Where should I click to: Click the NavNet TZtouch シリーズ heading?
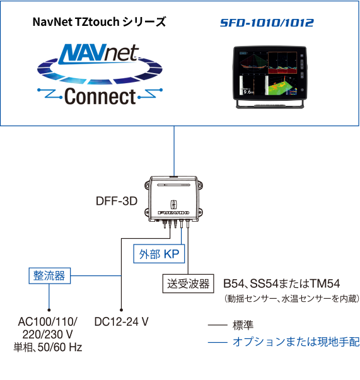tap(100, 22)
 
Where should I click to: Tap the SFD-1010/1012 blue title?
tap(267, 23)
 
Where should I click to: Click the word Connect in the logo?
tap(100, 96)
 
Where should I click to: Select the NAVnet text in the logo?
tap(98, 54)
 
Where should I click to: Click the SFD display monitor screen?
tap(268, 73)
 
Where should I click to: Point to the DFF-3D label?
tap(117, 201)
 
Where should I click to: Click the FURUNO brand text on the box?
tap(173, 213)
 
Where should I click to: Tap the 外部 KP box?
tap(159, 254)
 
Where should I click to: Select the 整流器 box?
tap(50, 275)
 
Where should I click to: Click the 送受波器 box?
tap(188, 284)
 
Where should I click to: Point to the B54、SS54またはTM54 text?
tap(281, 284)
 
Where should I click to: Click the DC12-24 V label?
tap(121, 322)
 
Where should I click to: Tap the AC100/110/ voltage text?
tap(48, 322)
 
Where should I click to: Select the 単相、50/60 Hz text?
tap(48, 347)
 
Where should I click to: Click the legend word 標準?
tap(243, 325)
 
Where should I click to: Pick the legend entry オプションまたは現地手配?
tap(296, 342)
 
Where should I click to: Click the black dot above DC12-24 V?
tap(121, 309)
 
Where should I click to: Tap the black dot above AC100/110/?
tap(49, 309)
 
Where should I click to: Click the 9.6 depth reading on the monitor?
tap(248, 92)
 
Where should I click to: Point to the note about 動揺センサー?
tap(292, 299)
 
